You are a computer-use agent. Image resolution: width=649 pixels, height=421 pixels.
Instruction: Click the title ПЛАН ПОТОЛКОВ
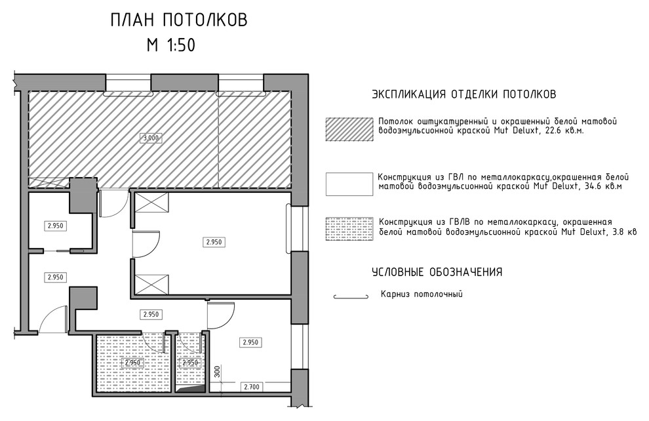pyautogui.click(x=179, y=20)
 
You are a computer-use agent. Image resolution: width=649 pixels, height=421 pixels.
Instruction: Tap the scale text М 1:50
pyautogui.click(x=171, y=45)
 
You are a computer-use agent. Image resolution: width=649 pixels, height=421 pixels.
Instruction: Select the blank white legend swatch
pyautogui.click(x=347, y=184)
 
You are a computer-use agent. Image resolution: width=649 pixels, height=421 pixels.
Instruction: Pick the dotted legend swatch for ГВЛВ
pyautogui.click(x=347, y=228)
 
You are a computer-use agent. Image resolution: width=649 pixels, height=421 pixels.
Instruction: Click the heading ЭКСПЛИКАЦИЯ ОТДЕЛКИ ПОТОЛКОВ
pyautogui.click(x=464, y=94)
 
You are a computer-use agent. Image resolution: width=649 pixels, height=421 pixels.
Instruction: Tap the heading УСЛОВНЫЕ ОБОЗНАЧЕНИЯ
pyautogui.click(x=437, y=272)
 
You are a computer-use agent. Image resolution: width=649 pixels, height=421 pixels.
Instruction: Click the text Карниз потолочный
pyautogui.click(x=422, y=294)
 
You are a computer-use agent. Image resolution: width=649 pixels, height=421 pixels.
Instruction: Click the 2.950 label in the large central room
pyautogui.click(x=215, y=242)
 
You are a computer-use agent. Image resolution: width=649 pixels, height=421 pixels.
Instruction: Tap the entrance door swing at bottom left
pyautogui.click(x=52, y=320)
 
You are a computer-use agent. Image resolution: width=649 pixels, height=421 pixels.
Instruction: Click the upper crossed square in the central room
pyautogui.click(x=152, y=203)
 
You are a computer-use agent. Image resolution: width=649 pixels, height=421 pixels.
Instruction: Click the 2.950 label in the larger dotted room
pyautogui.click(x=133, y=363)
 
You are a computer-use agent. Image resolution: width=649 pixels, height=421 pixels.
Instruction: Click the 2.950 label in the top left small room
pyautogui.click(x=56, y=226)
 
